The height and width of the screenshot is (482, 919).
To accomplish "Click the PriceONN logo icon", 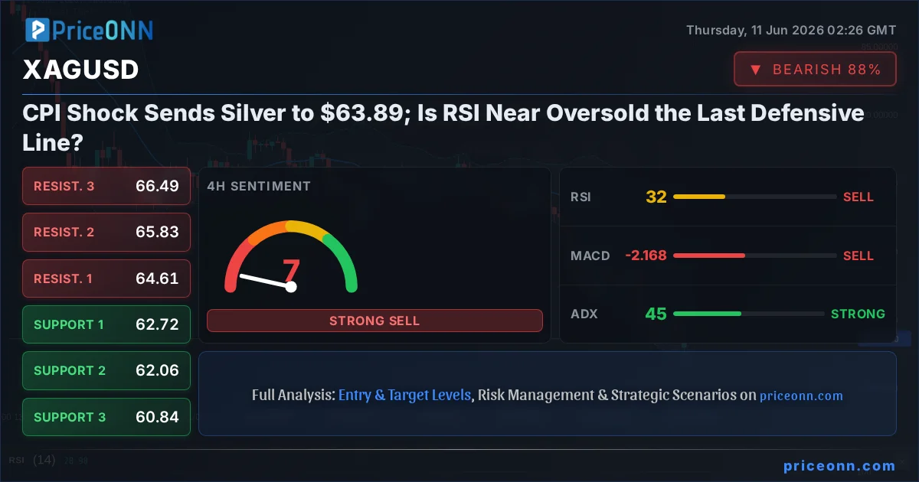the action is coord(38,30).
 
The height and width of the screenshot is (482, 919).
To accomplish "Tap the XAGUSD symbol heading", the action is coord(81,70).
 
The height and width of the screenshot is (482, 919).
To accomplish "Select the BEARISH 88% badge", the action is coord(815,69).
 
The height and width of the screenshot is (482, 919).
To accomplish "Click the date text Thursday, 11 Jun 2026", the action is coord(755,31).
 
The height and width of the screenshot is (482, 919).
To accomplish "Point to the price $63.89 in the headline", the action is coord(362,112).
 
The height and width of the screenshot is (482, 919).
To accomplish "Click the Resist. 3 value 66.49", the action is coord(157,186).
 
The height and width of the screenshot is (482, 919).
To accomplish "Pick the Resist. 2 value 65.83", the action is coord(157,232).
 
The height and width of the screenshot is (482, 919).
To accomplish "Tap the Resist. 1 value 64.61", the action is coord(157,278).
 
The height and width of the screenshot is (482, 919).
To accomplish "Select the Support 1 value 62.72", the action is coord(157,324).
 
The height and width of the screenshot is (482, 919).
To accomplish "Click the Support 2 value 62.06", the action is coord(157,370).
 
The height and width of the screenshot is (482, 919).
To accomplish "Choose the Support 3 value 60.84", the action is coord(157,417).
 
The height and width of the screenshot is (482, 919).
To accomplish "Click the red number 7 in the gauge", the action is coord(291,271).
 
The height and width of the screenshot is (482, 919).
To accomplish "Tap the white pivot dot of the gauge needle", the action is coord(291,287).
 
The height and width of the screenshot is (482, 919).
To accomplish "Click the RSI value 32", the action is coord(656,197).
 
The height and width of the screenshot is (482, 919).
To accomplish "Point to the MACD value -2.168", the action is coord(646,256).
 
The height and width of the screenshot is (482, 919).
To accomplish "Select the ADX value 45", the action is coord(656,314).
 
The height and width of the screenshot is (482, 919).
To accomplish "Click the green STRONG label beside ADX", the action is coord(858,314).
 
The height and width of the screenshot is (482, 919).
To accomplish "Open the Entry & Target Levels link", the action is coord(404,395).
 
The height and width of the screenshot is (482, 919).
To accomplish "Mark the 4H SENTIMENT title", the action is coord(259,186).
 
